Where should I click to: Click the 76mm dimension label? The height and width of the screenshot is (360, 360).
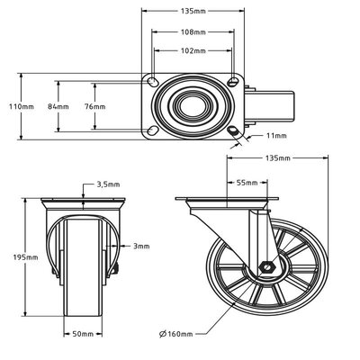[94, 106]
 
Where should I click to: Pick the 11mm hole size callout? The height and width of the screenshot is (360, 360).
[276, 136]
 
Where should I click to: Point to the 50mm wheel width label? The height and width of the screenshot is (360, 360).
[84, 331]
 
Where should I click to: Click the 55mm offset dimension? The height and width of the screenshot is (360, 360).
[243, 183]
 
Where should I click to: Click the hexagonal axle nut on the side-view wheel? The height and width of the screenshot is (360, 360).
[266, 266]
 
